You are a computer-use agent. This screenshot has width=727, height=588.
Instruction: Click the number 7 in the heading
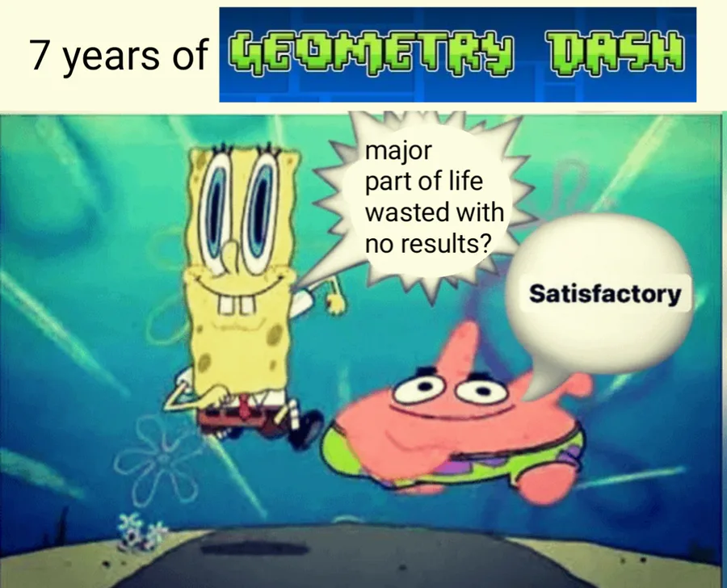tap(39, 54)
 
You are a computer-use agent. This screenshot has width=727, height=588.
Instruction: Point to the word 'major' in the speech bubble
tap(398, 152)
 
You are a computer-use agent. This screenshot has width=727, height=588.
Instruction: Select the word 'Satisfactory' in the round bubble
tap(604, 294)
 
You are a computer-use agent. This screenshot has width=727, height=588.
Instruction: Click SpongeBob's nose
tap(229, 253)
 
